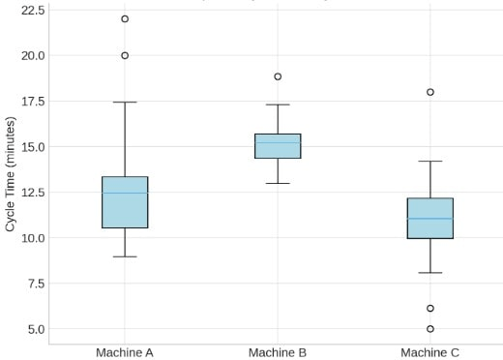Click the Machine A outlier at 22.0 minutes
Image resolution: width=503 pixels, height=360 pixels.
coord(125,18)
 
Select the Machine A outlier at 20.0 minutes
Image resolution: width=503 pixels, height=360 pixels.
coord(125,55)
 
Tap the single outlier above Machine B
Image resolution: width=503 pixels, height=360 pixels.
coord(278,76)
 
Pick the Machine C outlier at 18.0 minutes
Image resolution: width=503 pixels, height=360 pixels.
coord(430,92)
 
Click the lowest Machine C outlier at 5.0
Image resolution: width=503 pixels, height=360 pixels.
coord(430,329)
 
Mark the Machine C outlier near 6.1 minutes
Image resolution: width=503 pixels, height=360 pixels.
coord(430,309)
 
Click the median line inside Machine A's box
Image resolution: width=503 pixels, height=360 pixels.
coord(125,193)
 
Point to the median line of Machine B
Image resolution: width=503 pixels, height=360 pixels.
coord(278,143)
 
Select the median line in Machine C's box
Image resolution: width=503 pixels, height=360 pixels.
coord(430,219)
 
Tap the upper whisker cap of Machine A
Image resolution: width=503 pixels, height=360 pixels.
coord(125,102)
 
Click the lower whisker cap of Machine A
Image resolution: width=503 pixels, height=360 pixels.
coord(125,256)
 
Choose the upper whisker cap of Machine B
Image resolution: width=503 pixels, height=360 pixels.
coord(278,105)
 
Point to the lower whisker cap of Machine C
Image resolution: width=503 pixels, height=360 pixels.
coord(430,273)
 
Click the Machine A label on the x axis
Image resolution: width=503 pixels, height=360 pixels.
coord(125,352)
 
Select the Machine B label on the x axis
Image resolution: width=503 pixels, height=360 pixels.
coord(278,352)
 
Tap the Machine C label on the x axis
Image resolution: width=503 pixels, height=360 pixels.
coord(430,352)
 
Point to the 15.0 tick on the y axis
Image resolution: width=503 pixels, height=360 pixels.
coord(32,146)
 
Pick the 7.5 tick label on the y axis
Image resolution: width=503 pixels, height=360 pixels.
coord(35,284)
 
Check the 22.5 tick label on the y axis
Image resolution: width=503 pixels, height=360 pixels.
coord(32,10)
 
